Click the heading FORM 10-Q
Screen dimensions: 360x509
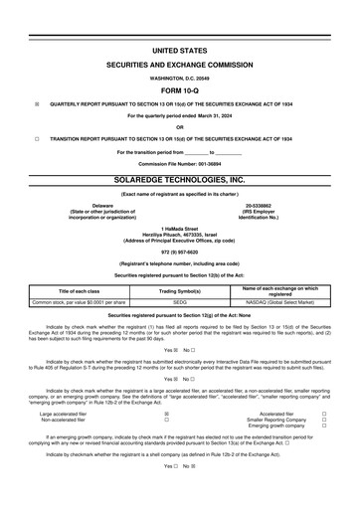pos(180,86)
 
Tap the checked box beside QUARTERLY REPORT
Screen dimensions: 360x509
pos(37,102)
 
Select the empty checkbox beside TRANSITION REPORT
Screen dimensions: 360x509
pos(37,139)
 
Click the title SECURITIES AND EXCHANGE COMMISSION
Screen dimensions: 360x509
pos(180,62)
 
